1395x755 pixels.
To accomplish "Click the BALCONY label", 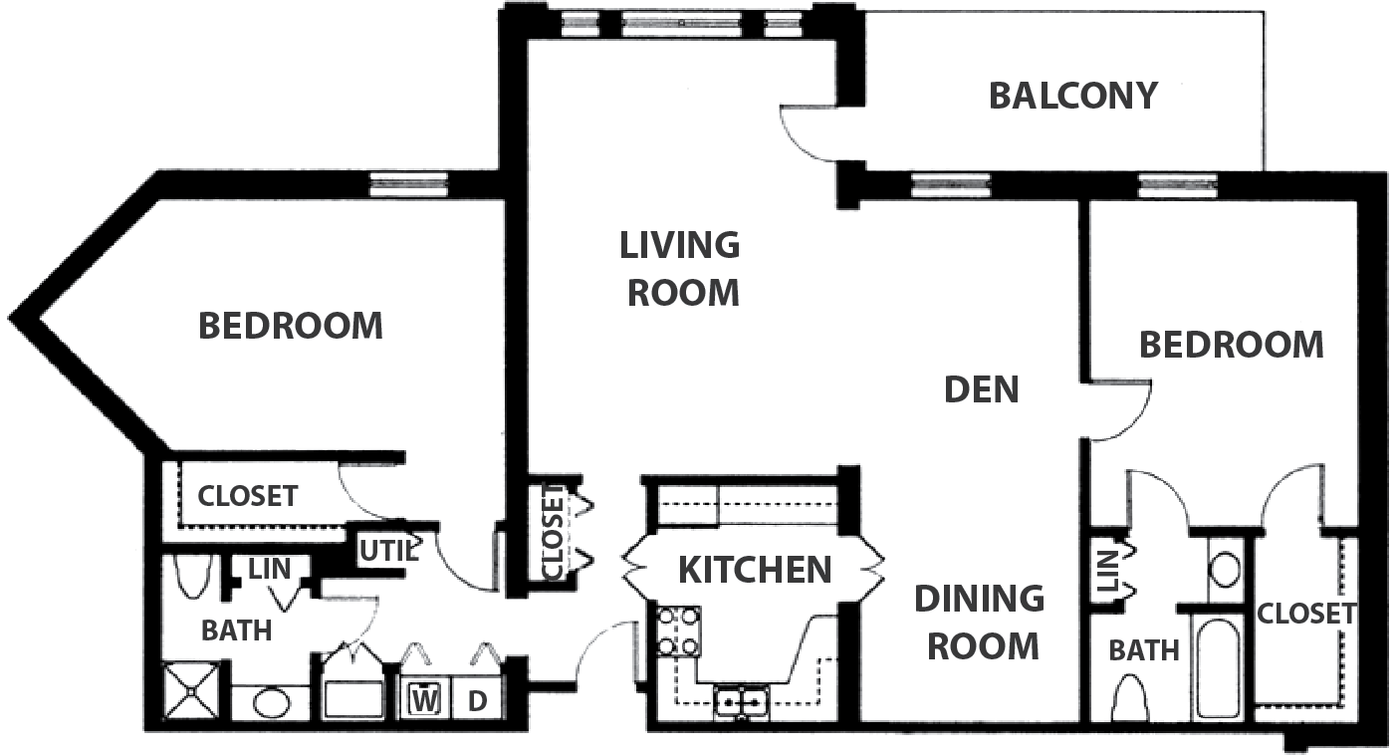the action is pyautogui.click(x=1073, y=97).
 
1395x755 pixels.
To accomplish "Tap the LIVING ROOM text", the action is pyautogui.click(x=681, y=269).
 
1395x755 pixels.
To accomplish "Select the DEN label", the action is pyautogui.click(x=982, y=389).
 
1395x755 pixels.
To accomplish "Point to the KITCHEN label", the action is pyautogui.click(x=754, y=570).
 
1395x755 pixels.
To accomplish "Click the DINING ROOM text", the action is pyautogui.click(x=980, y=623).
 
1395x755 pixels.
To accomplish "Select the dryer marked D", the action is pyautogui.click(x=477, y=701).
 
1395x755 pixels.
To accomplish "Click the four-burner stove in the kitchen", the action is pyautogui.click(x=678, y=631).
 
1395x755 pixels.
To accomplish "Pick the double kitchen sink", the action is pyautogui.click(x=741, y=702).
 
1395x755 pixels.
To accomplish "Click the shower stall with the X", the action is pyautogui.click(x=191, y=691).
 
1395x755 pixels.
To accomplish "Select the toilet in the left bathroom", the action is pyautogui.click(x=192, y=577).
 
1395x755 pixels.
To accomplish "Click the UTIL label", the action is pyautogui.click(x=387, y=551).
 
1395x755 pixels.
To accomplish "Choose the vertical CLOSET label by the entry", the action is pyautogui.click(x=553, y=532).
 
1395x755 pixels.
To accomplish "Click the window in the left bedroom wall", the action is pyautogui.click(x=408, y=184).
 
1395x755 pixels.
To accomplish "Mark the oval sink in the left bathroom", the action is pyautogui.click(x=272, y=702).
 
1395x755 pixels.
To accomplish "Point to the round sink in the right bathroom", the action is pyautogui.click(x=1225, y=572).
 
